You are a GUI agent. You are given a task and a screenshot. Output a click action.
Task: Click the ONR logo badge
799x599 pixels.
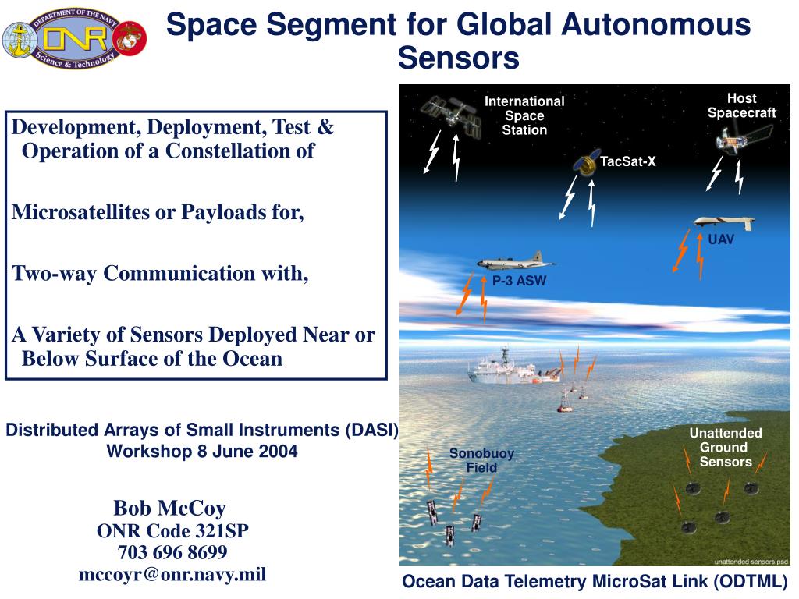(75, 39)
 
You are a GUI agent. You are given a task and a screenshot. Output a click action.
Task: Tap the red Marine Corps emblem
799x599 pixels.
(130, 38)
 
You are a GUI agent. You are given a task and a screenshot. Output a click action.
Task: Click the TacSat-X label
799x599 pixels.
(627, 161)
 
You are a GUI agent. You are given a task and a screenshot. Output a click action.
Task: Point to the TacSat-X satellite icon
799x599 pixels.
(587, 162)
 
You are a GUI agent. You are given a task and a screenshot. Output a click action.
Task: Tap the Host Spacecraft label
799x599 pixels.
(741, 105)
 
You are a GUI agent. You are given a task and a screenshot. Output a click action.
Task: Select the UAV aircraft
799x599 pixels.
(724, 222)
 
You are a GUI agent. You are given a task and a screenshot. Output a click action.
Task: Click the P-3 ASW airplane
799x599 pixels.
(516, 261)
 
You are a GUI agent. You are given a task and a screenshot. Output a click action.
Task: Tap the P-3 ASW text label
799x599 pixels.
(519, 281)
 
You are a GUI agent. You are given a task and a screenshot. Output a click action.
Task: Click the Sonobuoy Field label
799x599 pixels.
(481, 460)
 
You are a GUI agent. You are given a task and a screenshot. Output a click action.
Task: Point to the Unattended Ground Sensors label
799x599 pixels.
(726, 447)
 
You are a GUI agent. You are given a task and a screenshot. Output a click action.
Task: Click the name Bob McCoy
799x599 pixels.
(169, 509)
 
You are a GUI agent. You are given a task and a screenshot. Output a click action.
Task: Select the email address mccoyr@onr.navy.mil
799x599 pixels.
(172, 575)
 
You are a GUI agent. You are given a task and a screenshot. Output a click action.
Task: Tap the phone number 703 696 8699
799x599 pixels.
(172, 552)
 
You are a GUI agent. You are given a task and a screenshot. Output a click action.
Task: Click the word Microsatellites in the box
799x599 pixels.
(81, 212)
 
